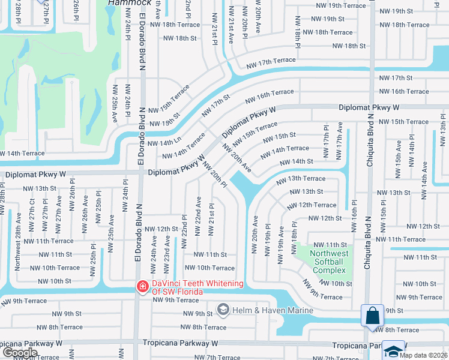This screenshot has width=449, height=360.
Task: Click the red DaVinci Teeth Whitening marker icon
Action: click(x=142, y=287)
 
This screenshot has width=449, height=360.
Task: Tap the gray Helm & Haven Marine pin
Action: click(x=223, y=310)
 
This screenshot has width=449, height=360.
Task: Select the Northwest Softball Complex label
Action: click(x=328, y=262)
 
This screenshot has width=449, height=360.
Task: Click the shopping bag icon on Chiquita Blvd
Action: click(x=372, y=315)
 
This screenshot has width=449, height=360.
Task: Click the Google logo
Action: click(x=19, y=353)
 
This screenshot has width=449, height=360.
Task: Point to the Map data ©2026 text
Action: click(x=424, y=355)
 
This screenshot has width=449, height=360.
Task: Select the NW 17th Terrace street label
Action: click(x=271, y=61)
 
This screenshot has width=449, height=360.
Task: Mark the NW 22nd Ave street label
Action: click(x=198, y=214)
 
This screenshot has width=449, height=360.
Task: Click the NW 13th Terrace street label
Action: click(x=301, y=179)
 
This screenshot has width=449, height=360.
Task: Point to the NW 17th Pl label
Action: click(x=326, y=142)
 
